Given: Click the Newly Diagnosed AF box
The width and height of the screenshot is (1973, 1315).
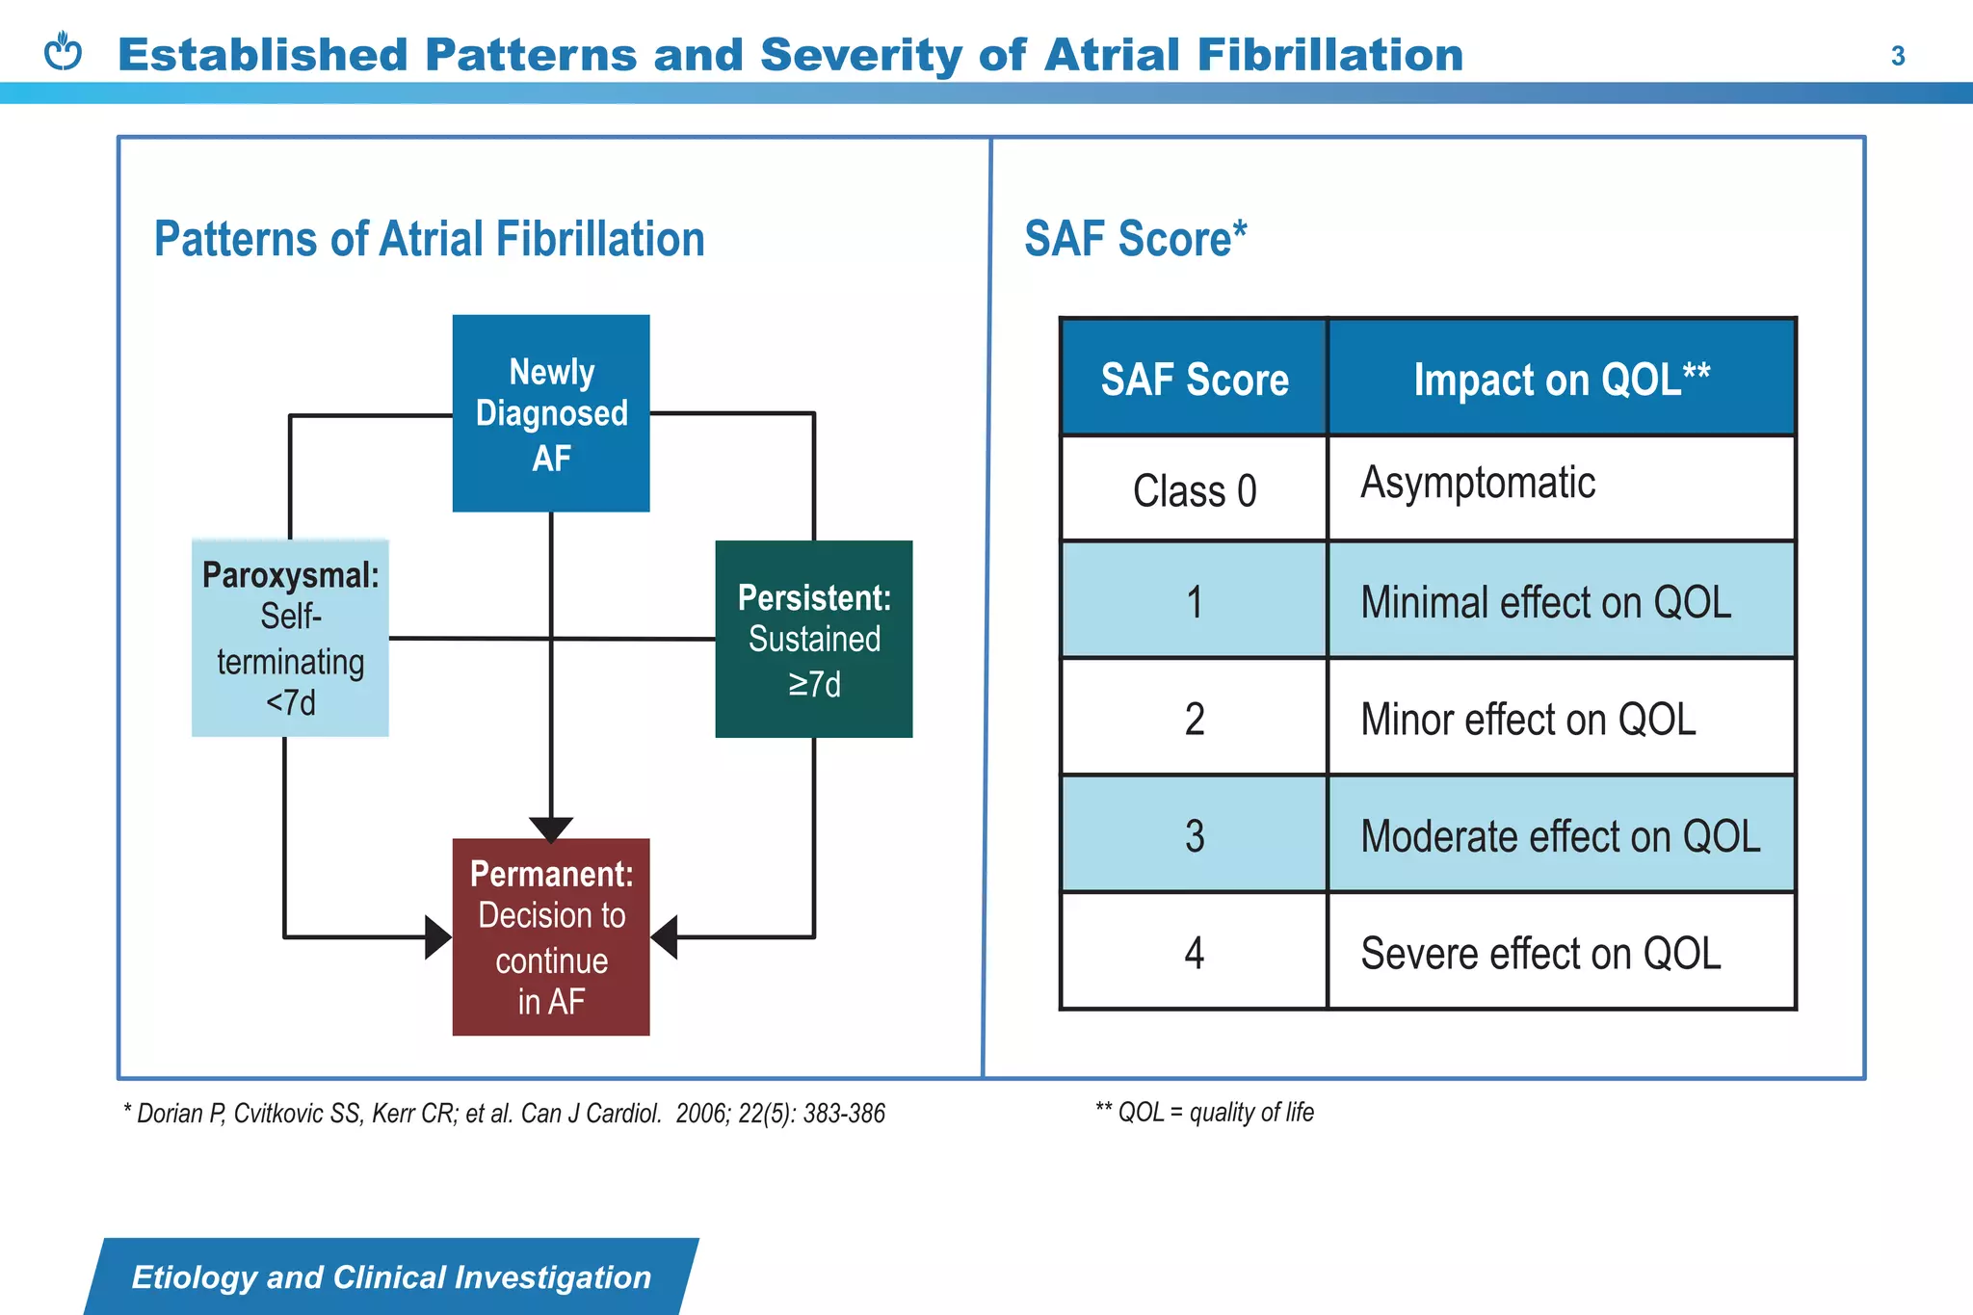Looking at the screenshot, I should point(551,413).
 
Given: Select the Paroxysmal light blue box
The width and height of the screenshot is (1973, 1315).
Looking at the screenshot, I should point(290,639).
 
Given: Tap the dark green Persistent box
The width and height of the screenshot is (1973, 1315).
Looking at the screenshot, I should point(814,640).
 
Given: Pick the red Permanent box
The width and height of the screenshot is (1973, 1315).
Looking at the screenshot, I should point(551,937).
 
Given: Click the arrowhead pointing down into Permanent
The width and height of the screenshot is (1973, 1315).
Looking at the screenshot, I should point(551,828).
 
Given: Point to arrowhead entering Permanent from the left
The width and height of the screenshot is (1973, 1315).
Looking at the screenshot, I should point(438,937).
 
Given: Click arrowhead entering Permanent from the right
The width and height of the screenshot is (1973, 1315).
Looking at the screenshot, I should point(665,937).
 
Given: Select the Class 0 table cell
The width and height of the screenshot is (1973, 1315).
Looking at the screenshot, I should point(1195,490).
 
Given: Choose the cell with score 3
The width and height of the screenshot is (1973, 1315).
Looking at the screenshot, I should point(1195,835).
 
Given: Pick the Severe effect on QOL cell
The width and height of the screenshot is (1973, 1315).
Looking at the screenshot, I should point(1561,953).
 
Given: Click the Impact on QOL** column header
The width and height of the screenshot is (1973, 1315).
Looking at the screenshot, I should point(1561,379).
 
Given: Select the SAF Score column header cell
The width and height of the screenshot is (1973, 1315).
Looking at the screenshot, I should point(1195,379).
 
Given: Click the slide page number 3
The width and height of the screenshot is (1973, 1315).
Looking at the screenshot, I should point(1897,56).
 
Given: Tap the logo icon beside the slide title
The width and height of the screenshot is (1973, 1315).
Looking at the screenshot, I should point(64,52).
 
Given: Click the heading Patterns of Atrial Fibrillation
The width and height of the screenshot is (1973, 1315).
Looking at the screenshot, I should point(430,239).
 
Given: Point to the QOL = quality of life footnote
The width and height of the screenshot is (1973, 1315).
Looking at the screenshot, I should point(1204,1113).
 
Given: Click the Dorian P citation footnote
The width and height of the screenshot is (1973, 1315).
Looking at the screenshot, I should point(504,1114).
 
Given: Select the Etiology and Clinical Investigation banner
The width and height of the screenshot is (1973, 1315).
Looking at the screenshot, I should point(391,1277).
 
